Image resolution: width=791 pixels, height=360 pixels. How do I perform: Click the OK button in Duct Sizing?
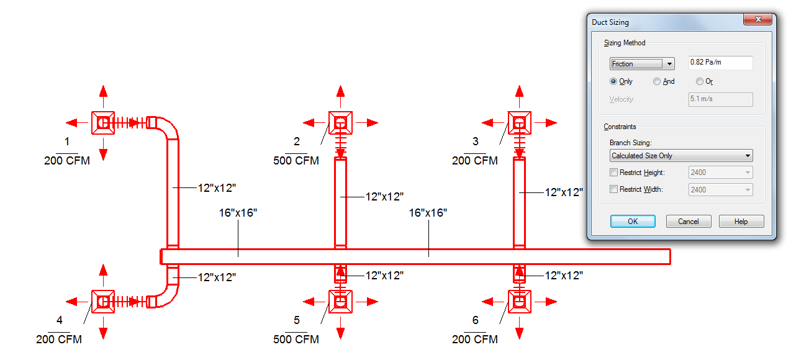633,222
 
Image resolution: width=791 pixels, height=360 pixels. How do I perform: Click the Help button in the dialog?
741,222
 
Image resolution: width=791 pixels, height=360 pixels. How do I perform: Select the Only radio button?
614,81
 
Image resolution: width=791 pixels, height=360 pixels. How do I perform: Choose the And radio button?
657,81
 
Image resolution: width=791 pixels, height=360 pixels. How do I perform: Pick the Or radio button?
700,81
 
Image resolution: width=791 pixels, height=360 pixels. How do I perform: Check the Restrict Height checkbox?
614,173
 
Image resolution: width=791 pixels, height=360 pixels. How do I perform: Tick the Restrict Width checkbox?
614,189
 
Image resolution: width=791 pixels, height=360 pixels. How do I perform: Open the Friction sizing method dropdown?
642,63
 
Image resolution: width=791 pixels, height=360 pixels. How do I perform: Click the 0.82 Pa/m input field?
720,63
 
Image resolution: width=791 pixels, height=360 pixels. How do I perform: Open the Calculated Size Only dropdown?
681,156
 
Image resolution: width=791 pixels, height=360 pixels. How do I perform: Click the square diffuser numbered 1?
103,123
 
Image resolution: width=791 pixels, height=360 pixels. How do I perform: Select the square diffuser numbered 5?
340,302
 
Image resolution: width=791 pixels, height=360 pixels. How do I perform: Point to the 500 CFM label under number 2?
296,161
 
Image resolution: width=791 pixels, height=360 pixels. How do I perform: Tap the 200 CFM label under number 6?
475,340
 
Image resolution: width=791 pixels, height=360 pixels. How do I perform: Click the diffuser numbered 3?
519,123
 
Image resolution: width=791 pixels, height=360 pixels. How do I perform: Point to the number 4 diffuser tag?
60,320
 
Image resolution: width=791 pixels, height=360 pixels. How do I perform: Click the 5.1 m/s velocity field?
720,99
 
